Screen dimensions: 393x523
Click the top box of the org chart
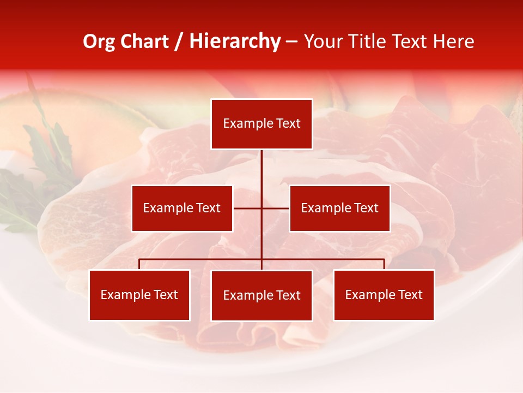tap(261, 124)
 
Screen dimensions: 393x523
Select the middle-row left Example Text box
tap(182, 208)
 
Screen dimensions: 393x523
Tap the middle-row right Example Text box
tap(339, 208)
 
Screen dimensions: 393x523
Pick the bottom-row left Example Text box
tap(139, 295)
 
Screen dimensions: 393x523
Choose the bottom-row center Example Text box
tap(261, 295)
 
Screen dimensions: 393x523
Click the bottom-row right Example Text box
tap(384, 295)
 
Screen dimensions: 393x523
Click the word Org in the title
tap(99, 41)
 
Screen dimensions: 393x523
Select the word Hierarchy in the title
tap(235, 41)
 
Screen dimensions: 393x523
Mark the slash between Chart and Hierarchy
tap(179, 41)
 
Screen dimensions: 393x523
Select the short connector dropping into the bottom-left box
tap(139, 264)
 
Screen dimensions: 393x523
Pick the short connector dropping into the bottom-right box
tap(384, 264)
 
